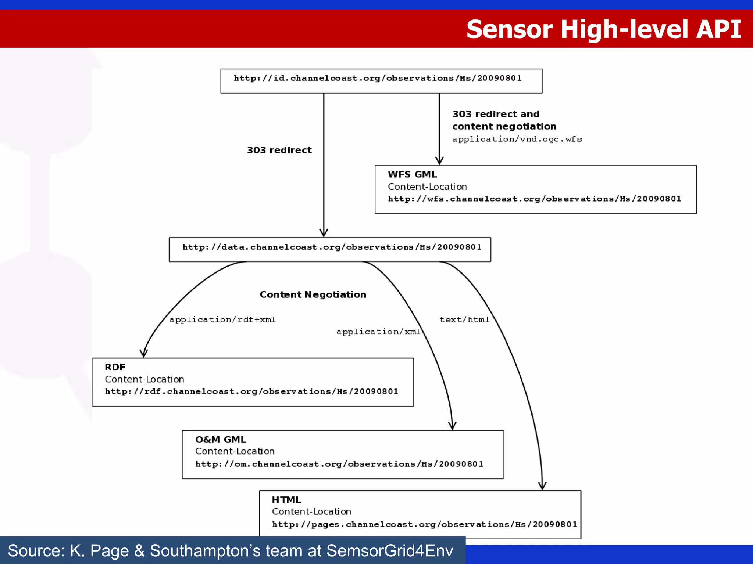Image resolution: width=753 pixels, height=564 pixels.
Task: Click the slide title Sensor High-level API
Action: [x=603, y=29]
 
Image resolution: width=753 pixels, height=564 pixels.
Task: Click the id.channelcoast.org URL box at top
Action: [x=381, y=81]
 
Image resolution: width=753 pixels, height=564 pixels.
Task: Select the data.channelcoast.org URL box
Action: [x=330, y=249]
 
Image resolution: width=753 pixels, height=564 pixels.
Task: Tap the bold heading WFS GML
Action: [x=412, y=174]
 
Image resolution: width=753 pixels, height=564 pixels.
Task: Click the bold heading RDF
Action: [x=115, y=367]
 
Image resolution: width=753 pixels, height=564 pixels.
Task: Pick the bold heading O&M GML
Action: [x=221, y=440]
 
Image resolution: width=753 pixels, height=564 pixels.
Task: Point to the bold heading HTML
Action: [x=286, y=500]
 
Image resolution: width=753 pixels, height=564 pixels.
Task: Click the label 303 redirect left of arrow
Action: [x=279, y=150]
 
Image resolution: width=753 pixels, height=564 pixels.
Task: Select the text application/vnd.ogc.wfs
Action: [x=517, y=139]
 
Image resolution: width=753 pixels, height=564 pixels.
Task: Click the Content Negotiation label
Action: [x=313, y=294]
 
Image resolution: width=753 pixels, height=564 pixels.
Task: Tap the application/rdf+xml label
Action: [x=222, y=319]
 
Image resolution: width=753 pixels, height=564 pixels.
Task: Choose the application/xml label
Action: [x=378, y=332]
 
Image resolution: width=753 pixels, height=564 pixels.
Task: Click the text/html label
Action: [x=464, y=319]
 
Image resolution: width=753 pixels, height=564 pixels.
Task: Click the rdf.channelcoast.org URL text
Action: [x=251, y=391]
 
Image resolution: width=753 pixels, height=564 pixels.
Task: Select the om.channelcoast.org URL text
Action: [x=339, y=464]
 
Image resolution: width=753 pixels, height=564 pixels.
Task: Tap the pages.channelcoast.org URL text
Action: [x=424, y=524]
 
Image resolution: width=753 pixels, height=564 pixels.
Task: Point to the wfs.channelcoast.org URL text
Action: [x=534, y=199]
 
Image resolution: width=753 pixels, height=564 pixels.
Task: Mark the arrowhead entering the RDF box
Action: [x=143, y=354]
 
